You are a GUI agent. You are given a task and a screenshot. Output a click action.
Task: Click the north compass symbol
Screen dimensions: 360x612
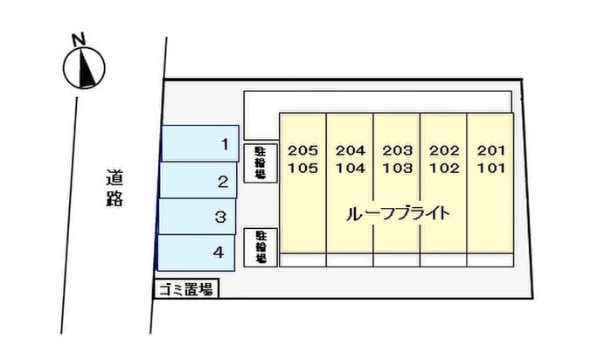(85, 67)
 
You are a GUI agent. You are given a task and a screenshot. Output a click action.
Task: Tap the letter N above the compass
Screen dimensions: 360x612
(79, 38)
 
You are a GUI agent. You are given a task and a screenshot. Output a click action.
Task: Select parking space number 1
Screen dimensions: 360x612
(200, 143)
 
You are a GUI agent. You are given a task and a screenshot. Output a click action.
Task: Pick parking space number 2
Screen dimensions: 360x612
(198, 182)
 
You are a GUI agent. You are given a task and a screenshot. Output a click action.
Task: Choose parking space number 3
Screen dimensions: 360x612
(197, 216)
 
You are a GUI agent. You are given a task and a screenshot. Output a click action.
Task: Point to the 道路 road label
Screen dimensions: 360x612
(115, 187)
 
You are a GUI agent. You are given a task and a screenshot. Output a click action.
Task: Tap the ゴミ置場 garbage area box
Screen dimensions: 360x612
(185, 288)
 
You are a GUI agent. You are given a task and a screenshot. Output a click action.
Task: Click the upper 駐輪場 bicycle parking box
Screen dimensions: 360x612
(261, 162)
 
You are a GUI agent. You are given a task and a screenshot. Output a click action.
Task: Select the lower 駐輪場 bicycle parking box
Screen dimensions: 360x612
(261, 246)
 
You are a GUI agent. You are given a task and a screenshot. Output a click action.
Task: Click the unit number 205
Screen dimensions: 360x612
(303, 150)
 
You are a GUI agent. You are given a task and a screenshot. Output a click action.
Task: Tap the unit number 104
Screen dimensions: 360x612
(350, 168)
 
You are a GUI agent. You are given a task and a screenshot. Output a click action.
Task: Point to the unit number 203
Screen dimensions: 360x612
(397, 150)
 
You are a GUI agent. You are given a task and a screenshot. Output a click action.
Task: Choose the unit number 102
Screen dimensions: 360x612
(444, 168)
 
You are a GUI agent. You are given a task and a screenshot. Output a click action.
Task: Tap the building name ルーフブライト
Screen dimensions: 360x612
(399, 213)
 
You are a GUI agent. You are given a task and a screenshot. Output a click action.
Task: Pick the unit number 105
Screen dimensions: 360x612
(303, 168)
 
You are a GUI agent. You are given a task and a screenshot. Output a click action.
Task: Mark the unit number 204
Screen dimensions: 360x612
(350, 150)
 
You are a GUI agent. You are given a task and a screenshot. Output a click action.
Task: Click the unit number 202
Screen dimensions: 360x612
(444, 150)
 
